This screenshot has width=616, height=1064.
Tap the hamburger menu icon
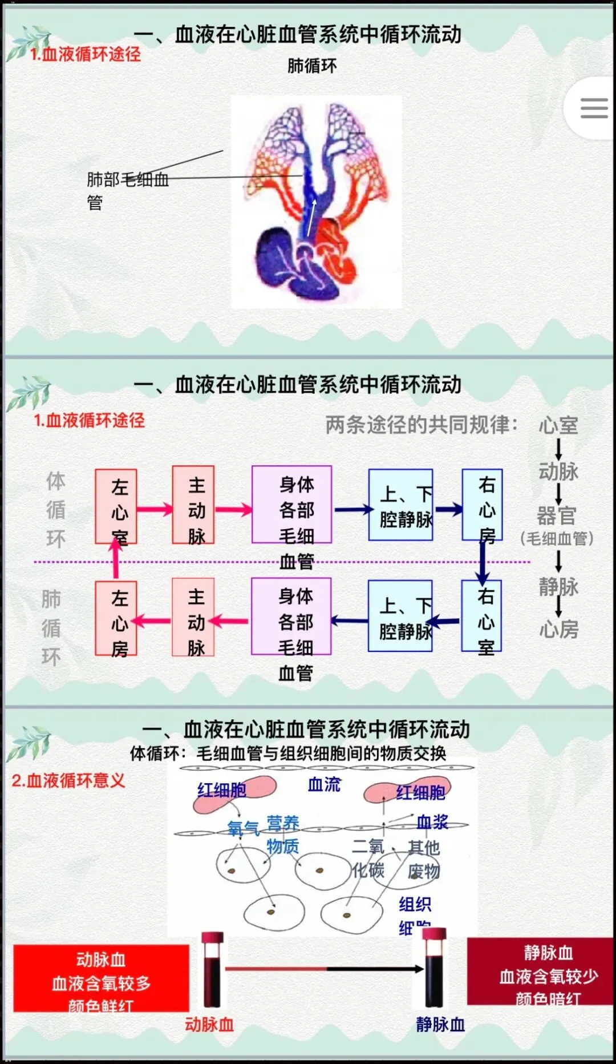[593, 108]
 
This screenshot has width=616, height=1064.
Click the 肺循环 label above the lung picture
[312, 66]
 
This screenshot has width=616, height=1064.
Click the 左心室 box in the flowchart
[116, 506]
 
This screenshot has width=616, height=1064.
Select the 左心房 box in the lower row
[116, 618]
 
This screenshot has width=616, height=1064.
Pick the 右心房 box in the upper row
[483, 505]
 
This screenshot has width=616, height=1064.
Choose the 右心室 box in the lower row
[482, 616]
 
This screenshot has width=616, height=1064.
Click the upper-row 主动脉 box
[194, 505]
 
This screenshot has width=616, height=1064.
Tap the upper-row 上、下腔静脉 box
[401, 505]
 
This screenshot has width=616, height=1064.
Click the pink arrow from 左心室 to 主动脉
[155, 509]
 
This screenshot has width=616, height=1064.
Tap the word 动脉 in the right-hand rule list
[558, 471]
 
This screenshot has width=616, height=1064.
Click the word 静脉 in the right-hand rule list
[558, 586]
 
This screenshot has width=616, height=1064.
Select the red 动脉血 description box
[102, 978]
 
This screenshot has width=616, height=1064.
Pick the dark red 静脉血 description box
[540, 972]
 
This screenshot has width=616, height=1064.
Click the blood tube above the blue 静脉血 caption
[434, 968]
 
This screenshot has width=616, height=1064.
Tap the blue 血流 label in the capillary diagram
[324, 785]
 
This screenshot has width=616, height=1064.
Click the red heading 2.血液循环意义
[68, 780]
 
